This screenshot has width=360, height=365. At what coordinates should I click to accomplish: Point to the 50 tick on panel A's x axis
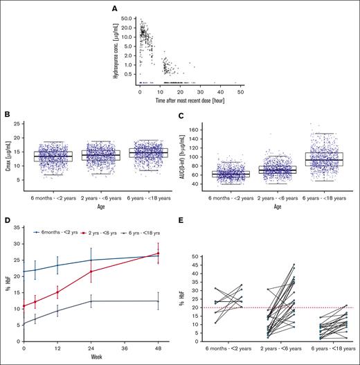[241, 91]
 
